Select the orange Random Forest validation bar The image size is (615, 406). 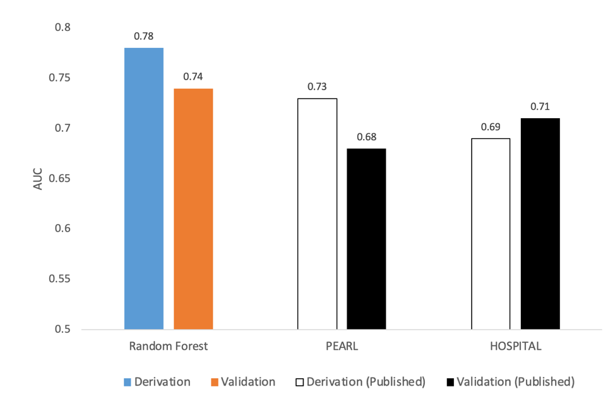(193, 208)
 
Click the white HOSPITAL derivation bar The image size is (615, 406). (491, 234)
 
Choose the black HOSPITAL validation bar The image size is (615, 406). (540, 224)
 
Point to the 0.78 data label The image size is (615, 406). (144, 36)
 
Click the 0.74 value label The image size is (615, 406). (193, 76)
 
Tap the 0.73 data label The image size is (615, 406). (317, 87)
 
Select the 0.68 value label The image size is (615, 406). (366, 136)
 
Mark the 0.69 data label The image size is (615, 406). (491, 126)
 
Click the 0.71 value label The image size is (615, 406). (540, 106)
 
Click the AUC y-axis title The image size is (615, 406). (39, 178)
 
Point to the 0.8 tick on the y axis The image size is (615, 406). (63, 28)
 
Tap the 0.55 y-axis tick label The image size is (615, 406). (61, 279)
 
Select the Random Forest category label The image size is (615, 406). (168, 347)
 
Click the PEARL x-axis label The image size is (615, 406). (342, 347)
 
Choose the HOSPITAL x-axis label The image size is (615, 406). (515, 347)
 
